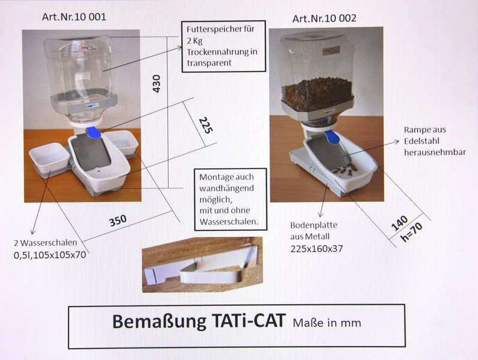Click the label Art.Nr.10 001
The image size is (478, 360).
pyautogui.click(x=74, y=16)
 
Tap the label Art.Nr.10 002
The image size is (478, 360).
pyautogui.click(x=324, y=19)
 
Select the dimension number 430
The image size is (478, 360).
pyautogui.click(x=156, y=83)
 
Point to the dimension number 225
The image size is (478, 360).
pyautogui.click(x=206, y=125)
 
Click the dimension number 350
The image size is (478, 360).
pyautogui.click(x=118, y=221)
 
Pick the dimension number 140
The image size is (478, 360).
pyautogui.click(x=399, y=223)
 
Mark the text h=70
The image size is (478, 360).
pyautogui.click(x=411, y=232)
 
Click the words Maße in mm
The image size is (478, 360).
pyautogui.click(x=327, y=323)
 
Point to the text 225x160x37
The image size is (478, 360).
pyautogui.click(x=316, y=249)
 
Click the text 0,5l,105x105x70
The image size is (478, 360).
pyautogui.click(x=50, y=254)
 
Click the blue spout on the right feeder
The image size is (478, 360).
pyautogui.click(x=331, y=137)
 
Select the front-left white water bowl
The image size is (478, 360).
pyautogui.click(x=50, y=159)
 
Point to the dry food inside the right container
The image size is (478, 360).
pyautogui.click(x=317, y=92)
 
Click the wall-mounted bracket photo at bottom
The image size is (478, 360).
pyautogui.click(x=202, y=265)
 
